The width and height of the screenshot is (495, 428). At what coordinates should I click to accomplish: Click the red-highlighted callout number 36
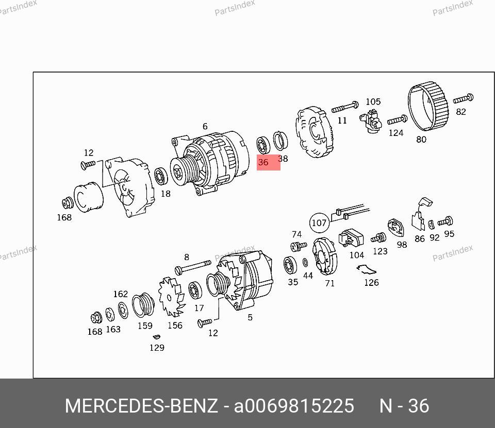coord(263,162)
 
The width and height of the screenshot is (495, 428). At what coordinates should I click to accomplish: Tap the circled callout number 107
coord(319,223)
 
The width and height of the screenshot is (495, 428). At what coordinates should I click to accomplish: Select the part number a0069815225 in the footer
coord(294,406)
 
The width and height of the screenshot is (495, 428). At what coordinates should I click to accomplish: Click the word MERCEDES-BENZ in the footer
coord(141,406)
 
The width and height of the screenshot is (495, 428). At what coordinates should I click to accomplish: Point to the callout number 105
coord(373,101)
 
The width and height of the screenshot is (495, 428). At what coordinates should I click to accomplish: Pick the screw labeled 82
coord(463,99)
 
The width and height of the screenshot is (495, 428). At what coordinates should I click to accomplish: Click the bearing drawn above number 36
coord(263,145)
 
